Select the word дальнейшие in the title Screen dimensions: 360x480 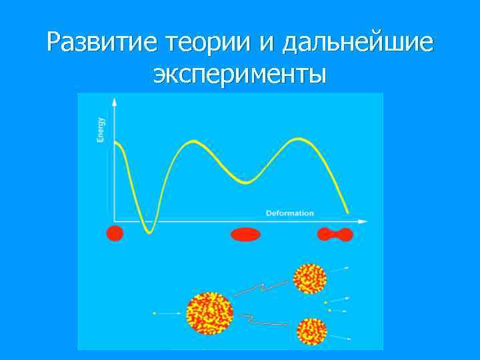[x=357, y=43]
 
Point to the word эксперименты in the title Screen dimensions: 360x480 [x=240, y=74]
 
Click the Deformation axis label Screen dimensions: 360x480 [x=289, y=213]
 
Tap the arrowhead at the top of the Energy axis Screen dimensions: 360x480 [x=115, y=102]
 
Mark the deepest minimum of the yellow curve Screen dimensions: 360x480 [x=150, y=231]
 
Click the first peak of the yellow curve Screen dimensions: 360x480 [x=193, y=141]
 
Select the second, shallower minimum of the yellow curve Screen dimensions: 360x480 [x=245, y=182]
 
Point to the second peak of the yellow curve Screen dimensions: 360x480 [x=298, y=139]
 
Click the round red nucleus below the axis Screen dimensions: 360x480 [x=115, y=233]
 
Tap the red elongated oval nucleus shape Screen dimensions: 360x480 [x=245, y=234]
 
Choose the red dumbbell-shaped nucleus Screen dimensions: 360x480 [x=335, y=234]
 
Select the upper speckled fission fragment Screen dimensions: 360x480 [x=309, y=279]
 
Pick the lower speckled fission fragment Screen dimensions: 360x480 [x=311, y=331]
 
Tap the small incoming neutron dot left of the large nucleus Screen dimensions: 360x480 [x=154, y=313]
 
